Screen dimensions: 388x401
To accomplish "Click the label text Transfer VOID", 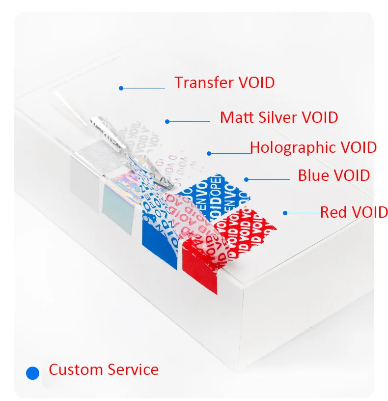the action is point(224,82).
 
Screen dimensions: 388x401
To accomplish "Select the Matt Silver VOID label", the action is point(279,117).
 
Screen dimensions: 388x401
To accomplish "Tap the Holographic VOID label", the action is point(313,147).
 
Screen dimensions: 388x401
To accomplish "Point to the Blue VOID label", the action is point(334,175).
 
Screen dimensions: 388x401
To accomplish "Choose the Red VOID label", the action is point(354,212).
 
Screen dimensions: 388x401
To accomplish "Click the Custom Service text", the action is point(104,369).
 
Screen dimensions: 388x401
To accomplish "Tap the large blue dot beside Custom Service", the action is point(32,373).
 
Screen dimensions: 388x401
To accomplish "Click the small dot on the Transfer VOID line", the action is point(120,88).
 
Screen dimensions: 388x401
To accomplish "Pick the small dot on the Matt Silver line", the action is point(167,121).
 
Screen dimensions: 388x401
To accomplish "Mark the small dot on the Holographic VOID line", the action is point(209,153).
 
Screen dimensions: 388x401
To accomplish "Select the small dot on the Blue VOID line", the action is point(247,179).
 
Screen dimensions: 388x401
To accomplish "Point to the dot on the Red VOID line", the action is point(284,213).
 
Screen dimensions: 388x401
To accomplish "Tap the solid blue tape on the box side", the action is point(158,246).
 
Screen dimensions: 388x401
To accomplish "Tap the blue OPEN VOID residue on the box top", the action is point(221,194).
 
